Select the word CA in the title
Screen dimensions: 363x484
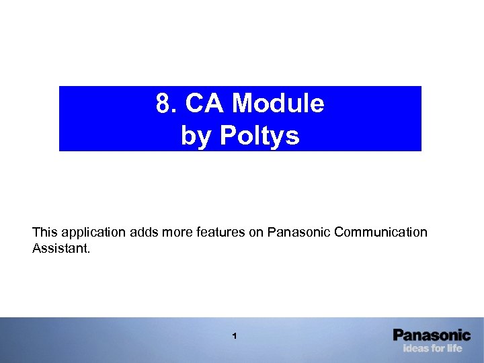click(202, 104)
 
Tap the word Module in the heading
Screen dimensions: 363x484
click(278, 104)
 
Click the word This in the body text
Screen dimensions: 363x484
click(45, 232)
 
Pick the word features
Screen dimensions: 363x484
click(223, 232)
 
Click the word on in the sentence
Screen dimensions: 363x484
click(257, 232)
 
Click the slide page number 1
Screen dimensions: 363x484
click(234, 335)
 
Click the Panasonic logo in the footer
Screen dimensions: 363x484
click(432, 335)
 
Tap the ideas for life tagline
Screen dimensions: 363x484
click(432, 348)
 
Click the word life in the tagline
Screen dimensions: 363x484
click(454, 348)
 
